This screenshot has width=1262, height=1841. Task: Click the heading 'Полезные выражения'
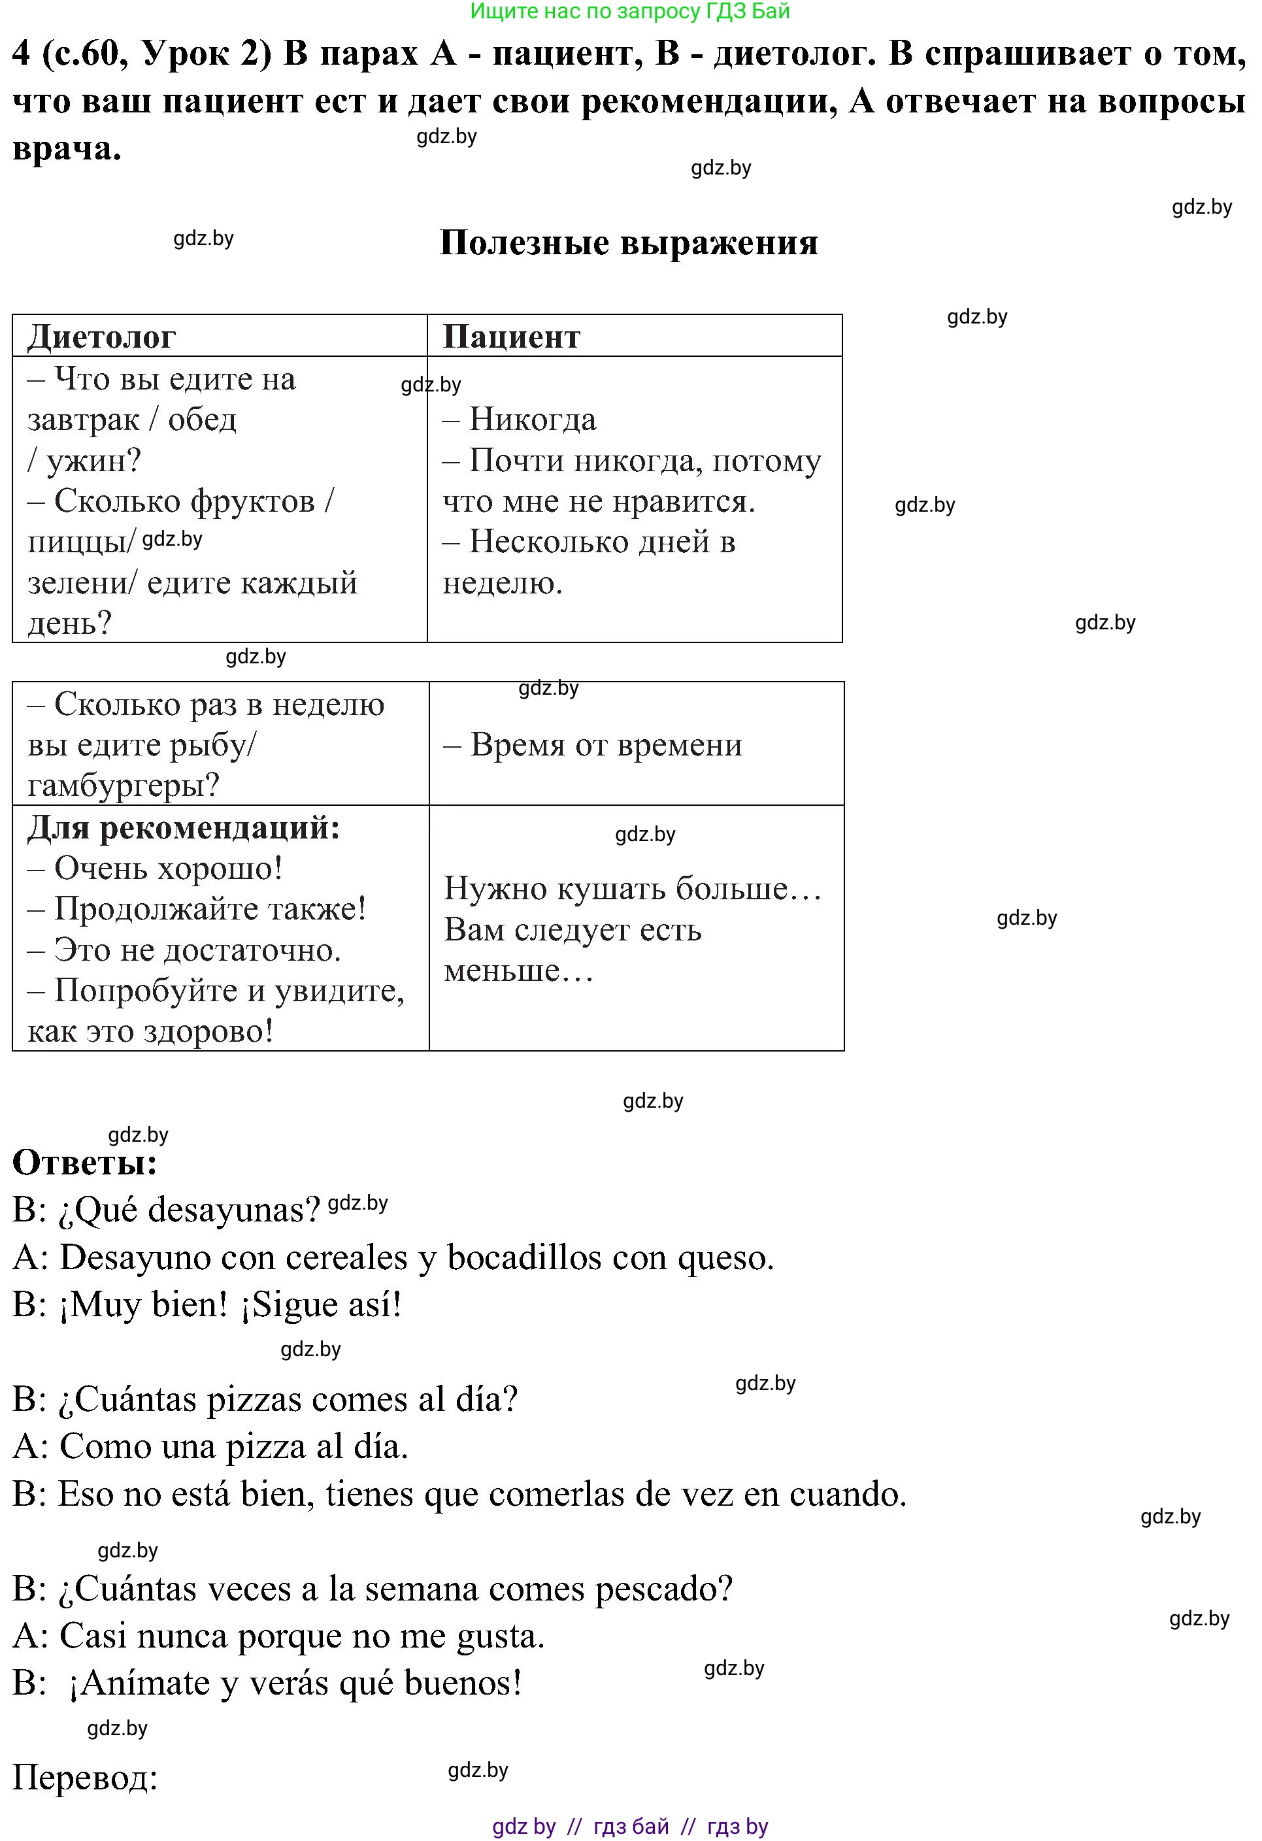[x=628, y=243]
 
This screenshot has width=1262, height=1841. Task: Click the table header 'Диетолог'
[x=101, y=337]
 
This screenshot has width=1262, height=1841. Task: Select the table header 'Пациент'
[x=511, y=337]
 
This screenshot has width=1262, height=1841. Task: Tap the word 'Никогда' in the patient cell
[x=533, y=420]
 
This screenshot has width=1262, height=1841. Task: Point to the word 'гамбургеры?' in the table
[x=124, y=786]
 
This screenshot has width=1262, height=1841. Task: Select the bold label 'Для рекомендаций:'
[x=184, y=828]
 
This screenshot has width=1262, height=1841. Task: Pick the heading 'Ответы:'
[x=86, y=1163]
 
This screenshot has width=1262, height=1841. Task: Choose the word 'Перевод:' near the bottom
[x=86, y=1778]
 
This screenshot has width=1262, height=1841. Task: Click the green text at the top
[x=630, y=11]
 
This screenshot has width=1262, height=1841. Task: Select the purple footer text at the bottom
[x=630, y=1827]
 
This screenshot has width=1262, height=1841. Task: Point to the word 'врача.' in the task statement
[x=67, y=149]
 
